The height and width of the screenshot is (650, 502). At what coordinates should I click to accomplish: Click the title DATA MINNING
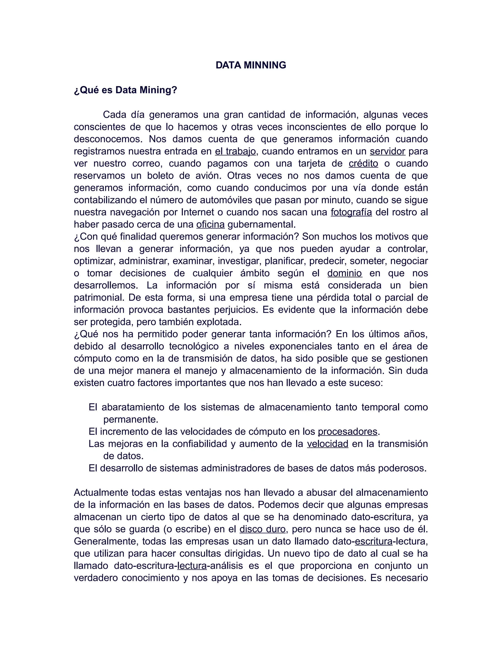coord(251,65)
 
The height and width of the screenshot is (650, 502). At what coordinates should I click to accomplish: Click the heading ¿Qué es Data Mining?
coord(125,90)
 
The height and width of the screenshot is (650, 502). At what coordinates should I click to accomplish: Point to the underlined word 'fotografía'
coord(351,212)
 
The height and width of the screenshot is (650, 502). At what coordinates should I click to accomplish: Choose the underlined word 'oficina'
coord(210,225)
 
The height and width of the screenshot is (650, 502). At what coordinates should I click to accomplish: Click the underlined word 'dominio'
coord(344,273)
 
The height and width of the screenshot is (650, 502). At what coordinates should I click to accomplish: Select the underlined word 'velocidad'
coord(327,444)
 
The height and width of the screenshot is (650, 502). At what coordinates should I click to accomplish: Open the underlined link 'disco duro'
coord(262,529)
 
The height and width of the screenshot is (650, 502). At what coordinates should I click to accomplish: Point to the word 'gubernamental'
coord(261,225)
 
